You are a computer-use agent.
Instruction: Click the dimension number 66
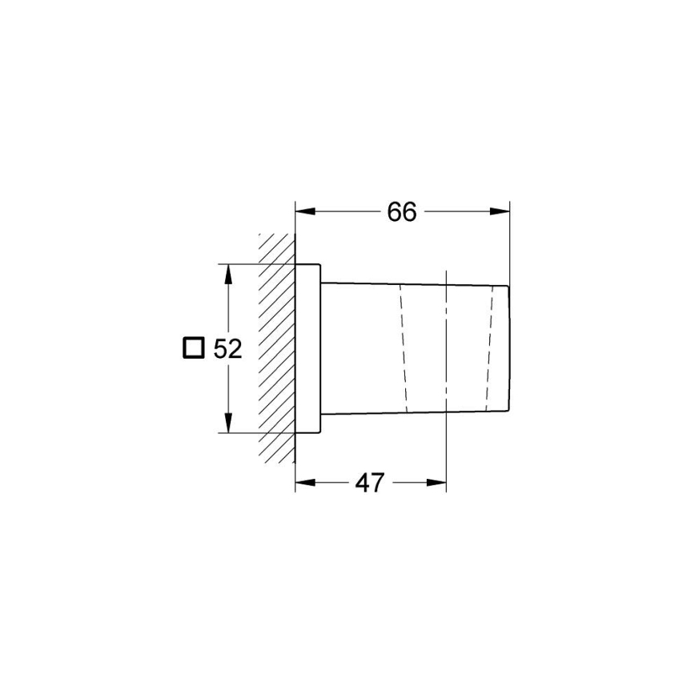pyautogui.click(x=402, y=212)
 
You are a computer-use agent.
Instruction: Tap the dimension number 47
pyautogui.click(x=370, y=483)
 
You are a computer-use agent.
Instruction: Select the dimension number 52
pyautogui.click(x=227, y=350)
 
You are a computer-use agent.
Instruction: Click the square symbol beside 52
pyautogui.click(x=192, y=348)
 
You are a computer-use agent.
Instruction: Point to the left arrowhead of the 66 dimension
pyautogui.click(x=305, y=211)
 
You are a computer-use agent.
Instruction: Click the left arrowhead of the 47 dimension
pyautogui.click(x=305, y=483)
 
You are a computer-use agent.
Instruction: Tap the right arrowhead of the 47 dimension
pyautogui.click(x=436, y=483)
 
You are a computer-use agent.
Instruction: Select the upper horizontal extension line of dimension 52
pyautogui.click(x=256, y=264)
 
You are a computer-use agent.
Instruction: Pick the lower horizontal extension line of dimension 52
pyautogui.click(x=256, y=433)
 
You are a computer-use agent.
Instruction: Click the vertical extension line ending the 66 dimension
pyautogui.click(x=510, y=240)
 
